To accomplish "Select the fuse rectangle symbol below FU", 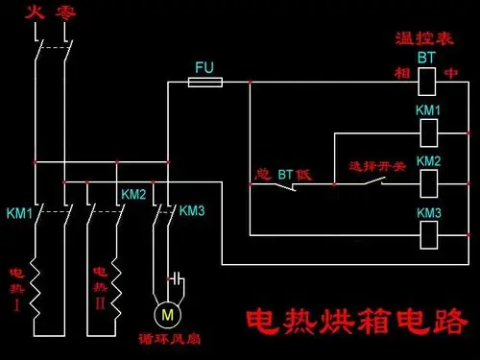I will pyautogui.click(x=204, y=84).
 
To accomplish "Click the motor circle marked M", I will pyautogui.click(x=167, y=314).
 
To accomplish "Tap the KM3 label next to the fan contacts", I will pyautogui.click(x=192, y=210).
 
